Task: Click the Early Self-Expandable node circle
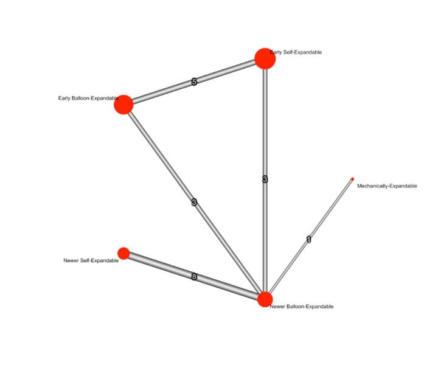[265, 58]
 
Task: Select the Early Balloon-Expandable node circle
[123, 105]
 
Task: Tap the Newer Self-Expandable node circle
[123, 253]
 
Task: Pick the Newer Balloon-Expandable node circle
[265, 299]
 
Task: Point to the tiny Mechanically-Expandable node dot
[352, 179]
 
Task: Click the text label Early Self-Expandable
[296, 52]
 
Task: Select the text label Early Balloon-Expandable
[88, 98]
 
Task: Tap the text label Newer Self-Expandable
[91, 260]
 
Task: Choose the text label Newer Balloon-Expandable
[302, 307]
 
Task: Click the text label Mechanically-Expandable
[387, 186]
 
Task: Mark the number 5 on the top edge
[195, 82]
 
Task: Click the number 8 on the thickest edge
[195, 277]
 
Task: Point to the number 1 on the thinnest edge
[308, 239]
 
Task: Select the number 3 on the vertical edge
[265, 179]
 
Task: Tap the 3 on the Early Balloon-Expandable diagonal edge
[195, 202]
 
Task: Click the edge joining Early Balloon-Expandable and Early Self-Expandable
[194, 82]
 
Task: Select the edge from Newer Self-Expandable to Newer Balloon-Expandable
[193, 276]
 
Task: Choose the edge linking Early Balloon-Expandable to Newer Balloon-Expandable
[195, 203]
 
